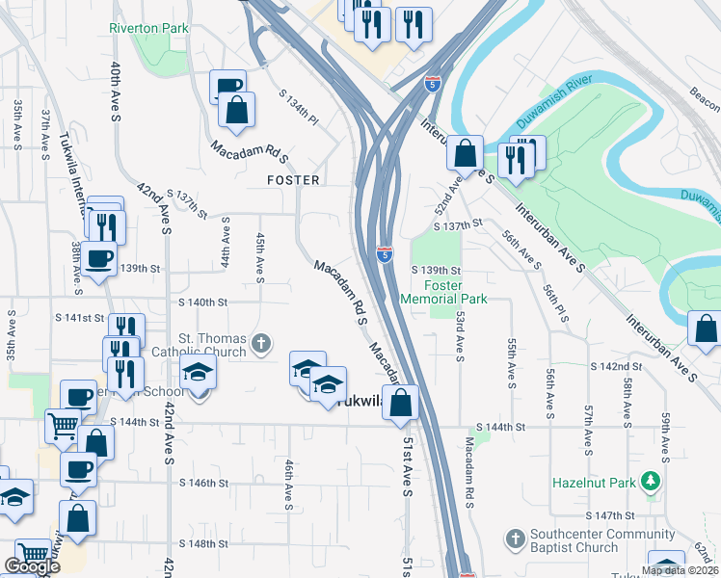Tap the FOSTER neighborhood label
coord(293,180)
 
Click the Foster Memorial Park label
coord(442,292)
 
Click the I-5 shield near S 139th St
coord(385,254)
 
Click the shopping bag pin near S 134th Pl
coord(236,110)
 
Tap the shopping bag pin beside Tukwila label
coord(401,403)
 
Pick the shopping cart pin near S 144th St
coord(63,424)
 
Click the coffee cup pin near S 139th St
coord(99,259)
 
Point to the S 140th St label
coord(201,302)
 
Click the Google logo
coord(32,566)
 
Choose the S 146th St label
coord(202,483)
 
